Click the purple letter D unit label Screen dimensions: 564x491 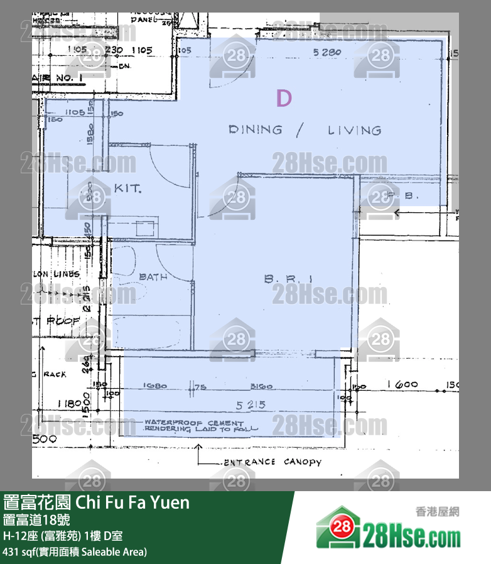[x=284, y=99]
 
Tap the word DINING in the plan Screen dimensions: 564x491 [x=255, y=130]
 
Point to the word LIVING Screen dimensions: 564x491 [x=354, y=131]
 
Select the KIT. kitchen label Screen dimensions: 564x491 [x=127, y=188]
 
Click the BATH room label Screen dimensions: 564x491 [x=153, y=277]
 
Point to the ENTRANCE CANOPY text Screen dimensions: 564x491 [x=272, y=462]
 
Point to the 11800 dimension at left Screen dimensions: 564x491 [x=71, y=404]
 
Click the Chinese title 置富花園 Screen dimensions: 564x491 [x=37, y=503]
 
